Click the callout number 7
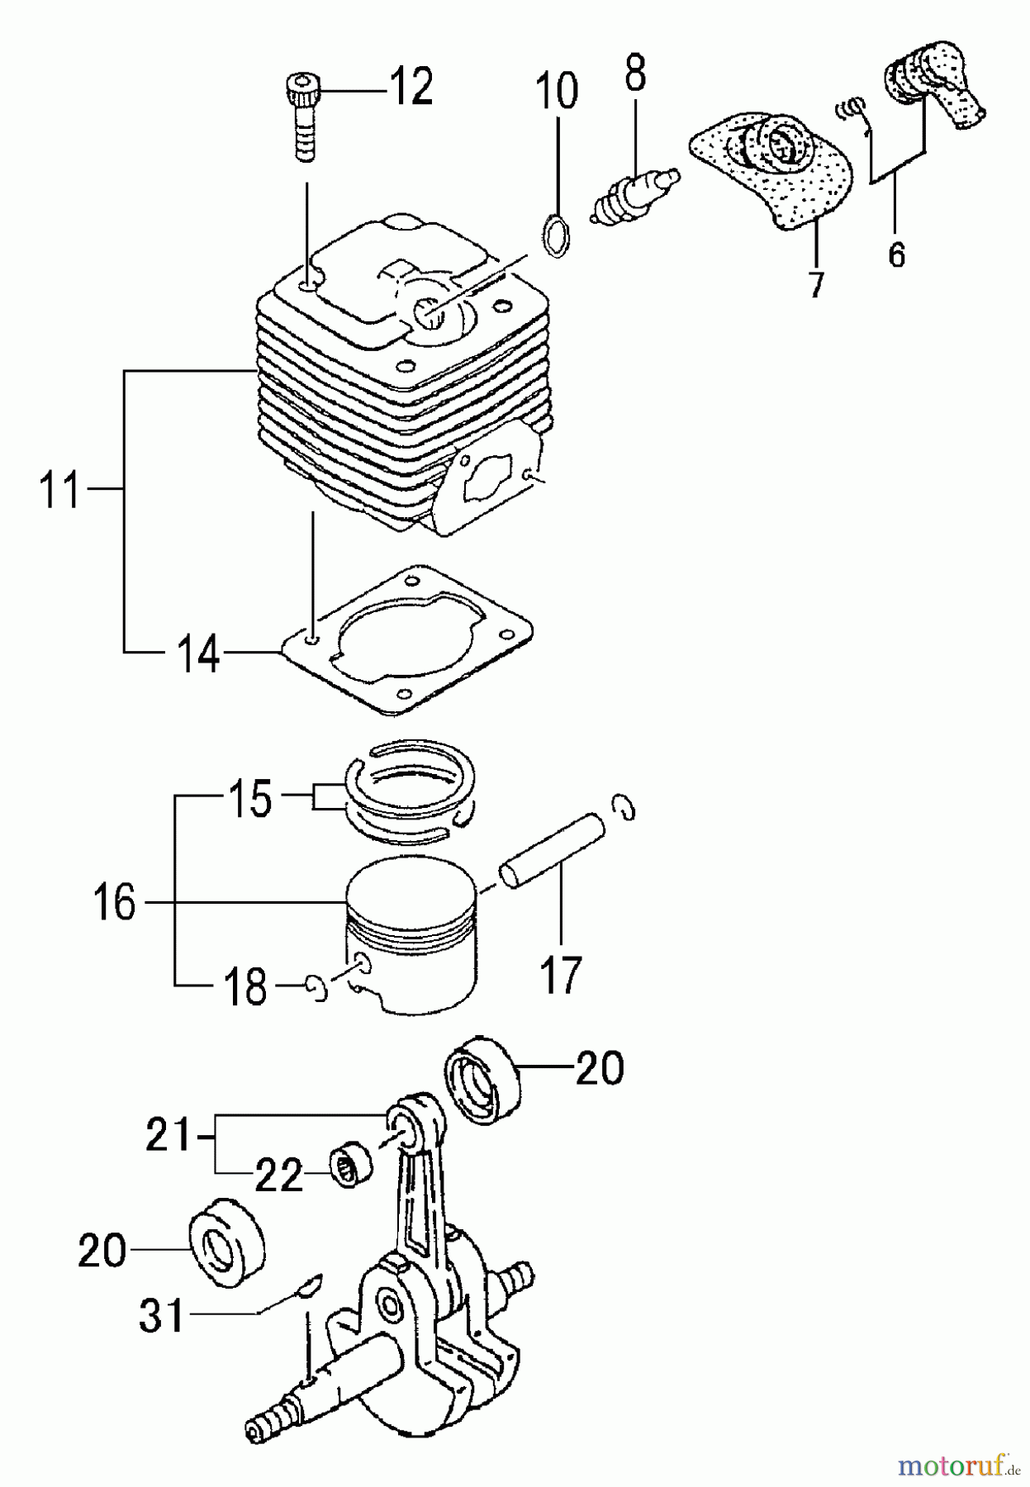(x=816, y=283)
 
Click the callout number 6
(x=896, y=253)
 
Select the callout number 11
(x=60, y=490)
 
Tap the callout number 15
(x=248, y=799)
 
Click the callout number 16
(x=114, y=901)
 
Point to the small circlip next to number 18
(x=315, y=987)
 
